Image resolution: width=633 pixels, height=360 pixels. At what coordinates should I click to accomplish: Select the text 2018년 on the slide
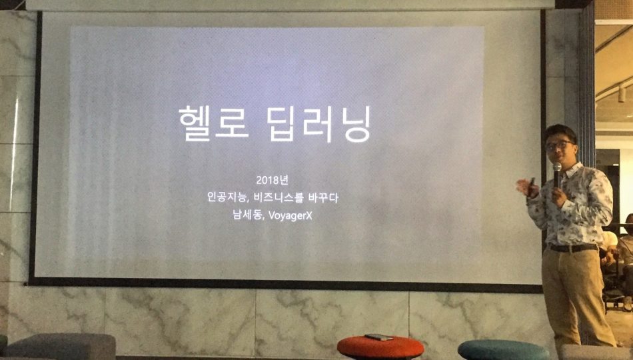tap(272, 180)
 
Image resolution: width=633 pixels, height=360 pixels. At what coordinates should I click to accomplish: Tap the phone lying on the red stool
tap(378, 337)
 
